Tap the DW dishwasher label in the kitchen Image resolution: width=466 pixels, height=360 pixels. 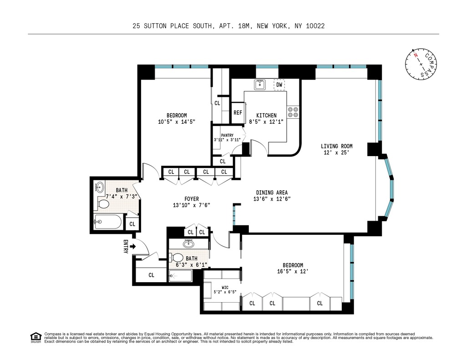[x=279, y=85]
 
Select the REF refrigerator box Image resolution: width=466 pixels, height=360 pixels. [x=238, y=113]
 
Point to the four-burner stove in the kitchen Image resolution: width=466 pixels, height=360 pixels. [x=293, y=112]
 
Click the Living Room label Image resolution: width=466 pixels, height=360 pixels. [x=336, y=146]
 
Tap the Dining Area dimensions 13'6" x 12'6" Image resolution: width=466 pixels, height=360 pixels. [x=272, y=199]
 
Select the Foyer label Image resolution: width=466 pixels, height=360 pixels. [x=191, y=198]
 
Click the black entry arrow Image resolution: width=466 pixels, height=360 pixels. [x=133, y=246]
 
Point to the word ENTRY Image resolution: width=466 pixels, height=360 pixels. [x=126, y=246]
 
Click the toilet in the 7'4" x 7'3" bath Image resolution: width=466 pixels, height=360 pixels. [x=103, y=203]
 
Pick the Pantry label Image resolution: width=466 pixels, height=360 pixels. [x=227, y=135]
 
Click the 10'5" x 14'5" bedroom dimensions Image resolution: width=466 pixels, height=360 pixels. [x=176, y=122]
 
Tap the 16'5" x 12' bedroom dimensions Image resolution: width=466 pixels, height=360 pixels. [x=293, y=272]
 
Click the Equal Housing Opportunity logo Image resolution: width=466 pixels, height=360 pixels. [x=35, y=337]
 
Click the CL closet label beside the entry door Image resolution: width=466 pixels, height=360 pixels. [x=151, y=275]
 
